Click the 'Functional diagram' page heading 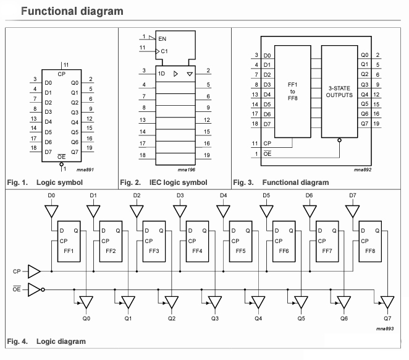[72, 11]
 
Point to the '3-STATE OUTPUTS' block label [340, 92]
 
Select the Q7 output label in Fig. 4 [387, 319]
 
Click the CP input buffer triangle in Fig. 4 [34, 271]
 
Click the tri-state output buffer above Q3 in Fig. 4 [214, 302]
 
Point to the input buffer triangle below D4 [223, 211]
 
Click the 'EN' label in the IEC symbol [162, 39]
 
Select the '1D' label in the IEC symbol [161, 72]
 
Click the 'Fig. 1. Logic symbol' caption [44, 182]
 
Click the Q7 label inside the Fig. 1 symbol [75, 152]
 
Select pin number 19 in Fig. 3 [377, 124]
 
